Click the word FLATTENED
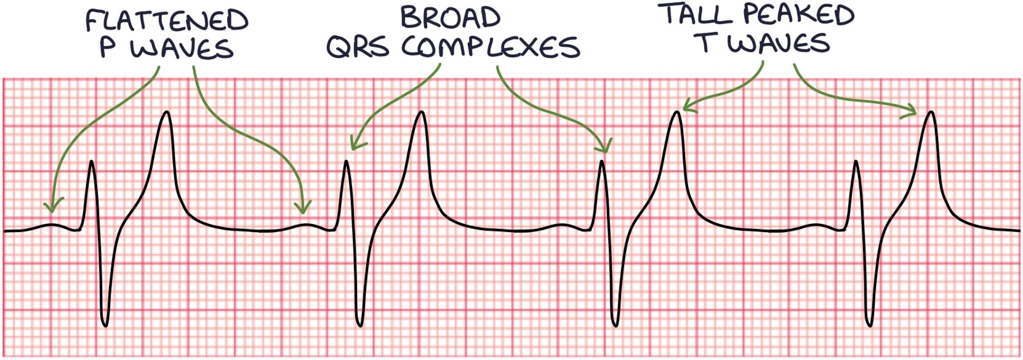click(167, 20)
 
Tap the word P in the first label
click(108, 47)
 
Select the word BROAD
click(451, 18)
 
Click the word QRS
click(358, 47)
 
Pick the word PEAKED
click(798, 14)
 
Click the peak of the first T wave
click(167, 112)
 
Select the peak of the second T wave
click(421, 112)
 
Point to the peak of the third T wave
click(676, 112)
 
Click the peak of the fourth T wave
click(931, 112)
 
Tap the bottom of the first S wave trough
click(105, 326)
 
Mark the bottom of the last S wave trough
click(869, 326)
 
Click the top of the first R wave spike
click(92, 161)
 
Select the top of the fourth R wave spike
click(856, 161)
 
